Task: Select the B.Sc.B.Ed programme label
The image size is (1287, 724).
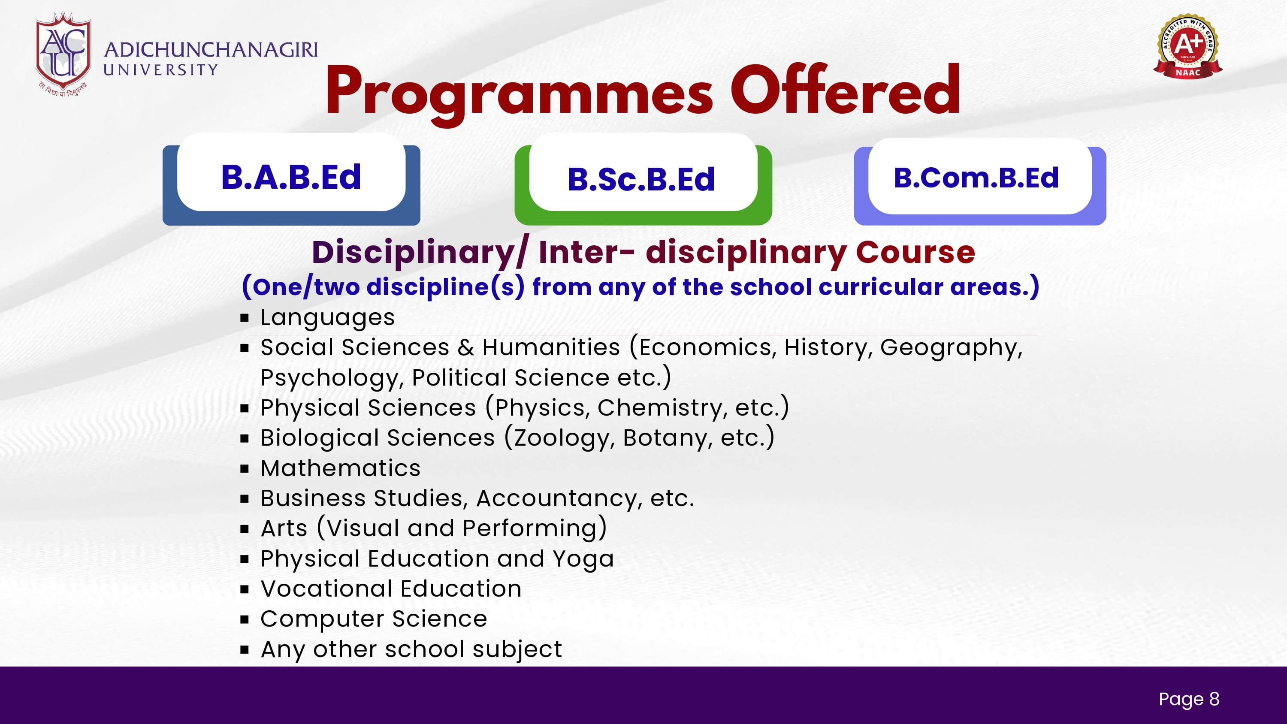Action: coord(641,179)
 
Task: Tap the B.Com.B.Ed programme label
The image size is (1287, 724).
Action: coord(976,178)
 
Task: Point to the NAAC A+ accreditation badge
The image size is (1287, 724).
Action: coord(1187,46)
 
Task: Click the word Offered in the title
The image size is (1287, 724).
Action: coord(845,90)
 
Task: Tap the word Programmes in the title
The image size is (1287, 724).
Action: coord(519,94)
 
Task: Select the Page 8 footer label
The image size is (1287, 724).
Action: coord(1189,699)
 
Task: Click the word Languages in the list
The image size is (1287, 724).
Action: coord(328,318)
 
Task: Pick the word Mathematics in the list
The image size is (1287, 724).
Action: coord(341,468)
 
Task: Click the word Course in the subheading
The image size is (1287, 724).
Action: coord(915,252)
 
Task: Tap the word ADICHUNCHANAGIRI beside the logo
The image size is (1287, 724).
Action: coord(210,50)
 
